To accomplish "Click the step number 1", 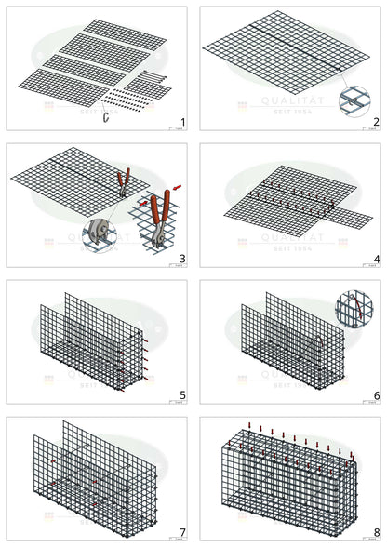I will tap(183, 122).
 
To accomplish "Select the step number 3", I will tap(183, 259).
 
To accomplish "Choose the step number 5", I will tap(183, 395).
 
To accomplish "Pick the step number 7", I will tap(183, 532).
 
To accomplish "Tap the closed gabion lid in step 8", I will tap(288, 445).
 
